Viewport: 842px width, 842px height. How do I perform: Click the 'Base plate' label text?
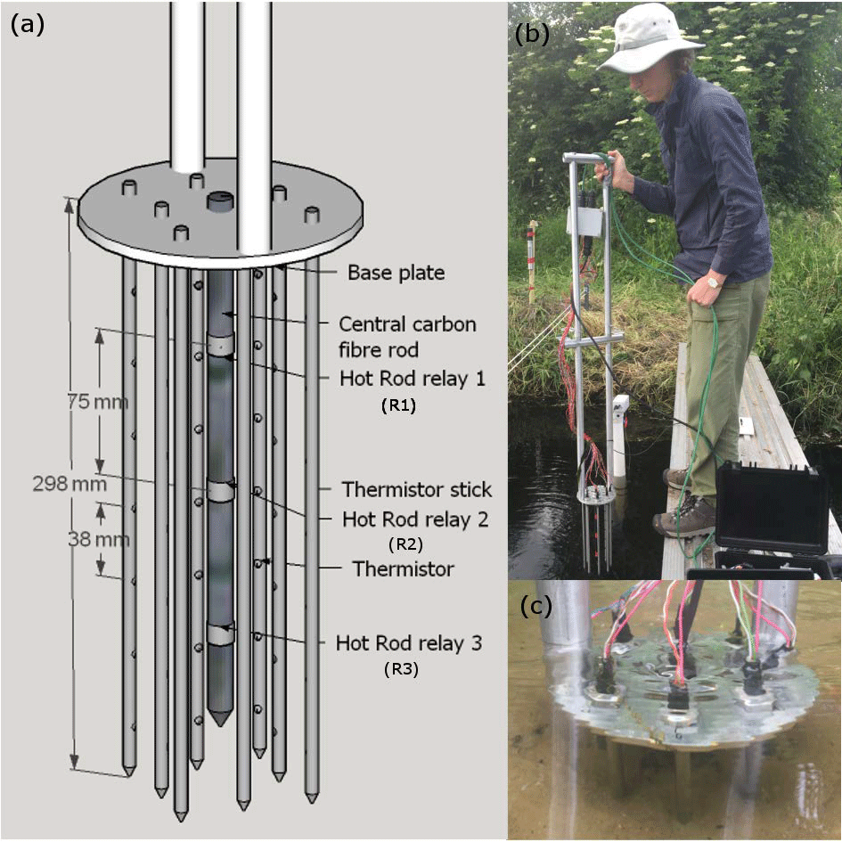click(x=396, y=273)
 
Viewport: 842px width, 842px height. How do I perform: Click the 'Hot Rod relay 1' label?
click(x=413, y=378)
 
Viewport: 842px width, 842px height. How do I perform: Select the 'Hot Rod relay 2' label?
click(x=415, y=519)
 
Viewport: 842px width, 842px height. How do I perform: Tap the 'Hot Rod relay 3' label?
click(x=409, y=642)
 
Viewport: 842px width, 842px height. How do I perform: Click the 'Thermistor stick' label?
click(x=417, y=489)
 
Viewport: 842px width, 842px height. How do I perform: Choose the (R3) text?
click(x=401, y=668)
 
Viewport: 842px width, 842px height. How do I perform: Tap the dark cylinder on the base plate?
click(x=219, y=202)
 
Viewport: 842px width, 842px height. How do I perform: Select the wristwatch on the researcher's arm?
click(x=714, y=282)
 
